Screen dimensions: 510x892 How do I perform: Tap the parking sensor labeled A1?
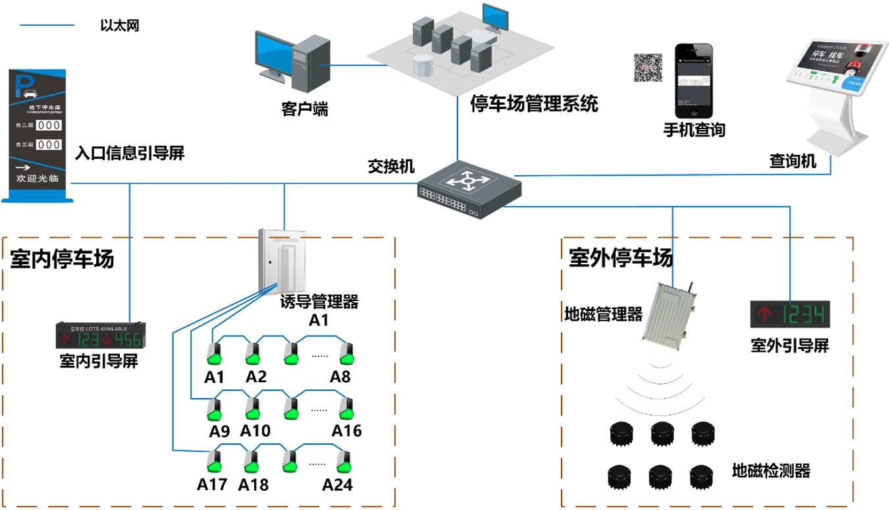click(215, 354)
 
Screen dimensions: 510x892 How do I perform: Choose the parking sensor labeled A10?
click(253, 409)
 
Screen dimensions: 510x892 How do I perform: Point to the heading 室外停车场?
click(621, 258)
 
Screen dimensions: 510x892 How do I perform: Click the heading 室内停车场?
click(62, 259)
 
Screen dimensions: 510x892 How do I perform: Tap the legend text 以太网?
click(120, 26)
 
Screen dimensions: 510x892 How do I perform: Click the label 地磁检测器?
click(771, 471)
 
